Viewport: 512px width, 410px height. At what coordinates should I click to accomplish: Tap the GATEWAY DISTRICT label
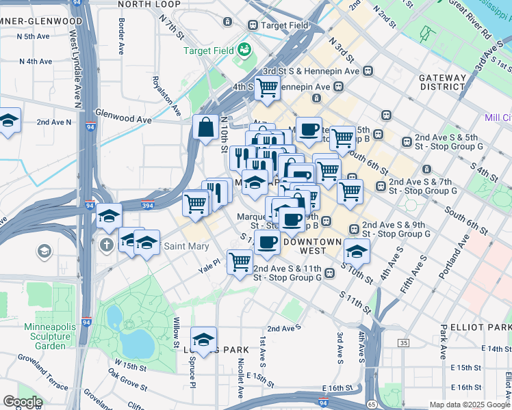point(443,81)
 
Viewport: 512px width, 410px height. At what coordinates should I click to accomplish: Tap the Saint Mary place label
point(182,246)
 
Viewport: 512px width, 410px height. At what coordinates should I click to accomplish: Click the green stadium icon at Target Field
point(244,50)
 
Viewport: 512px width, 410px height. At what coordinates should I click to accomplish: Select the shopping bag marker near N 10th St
point(206,127)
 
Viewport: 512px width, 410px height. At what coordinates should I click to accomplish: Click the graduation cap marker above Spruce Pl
point(203,339)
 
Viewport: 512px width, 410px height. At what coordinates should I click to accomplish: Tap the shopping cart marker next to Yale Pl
point(240,261)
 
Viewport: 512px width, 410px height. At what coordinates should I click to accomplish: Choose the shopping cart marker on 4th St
point(267,87)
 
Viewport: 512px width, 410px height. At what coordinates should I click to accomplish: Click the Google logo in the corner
point(22,402)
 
